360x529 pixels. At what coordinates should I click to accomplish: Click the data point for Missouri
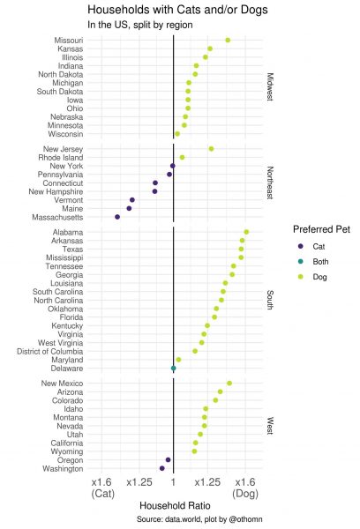coord(228,41)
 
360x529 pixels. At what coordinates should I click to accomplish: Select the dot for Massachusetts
coord(117,217)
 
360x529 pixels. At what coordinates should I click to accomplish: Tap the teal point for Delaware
coord(173,369)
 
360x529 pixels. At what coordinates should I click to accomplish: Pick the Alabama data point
coord(246,232)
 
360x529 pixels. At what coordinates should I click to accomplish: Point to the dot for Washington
coord(161,468)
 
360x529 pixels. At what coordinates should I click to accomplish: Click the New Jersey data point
coord(211,149)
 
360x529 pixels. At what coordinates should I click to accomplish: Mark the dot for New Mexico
coord(229,384)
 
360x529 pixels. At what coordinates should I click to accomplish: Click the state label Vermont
coord(69,200)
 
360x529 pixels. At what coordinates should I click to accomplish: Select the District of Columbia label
coord(50,351)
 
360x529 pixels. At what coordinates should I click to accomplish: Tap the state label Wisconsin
coord(65,134)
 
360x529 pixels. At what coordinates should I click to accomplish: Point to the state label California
coord(67,443)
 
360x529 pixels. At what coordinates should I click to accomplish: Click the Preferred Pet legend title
coord(321,229)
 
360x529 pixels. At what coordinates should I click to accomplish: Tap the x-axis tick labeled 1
coord(173,482)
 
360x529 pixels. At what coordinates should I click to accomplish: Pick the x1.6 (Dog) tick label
coord(245,488)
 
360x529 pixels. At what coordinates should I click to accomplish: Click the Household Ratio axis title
coord(175,505)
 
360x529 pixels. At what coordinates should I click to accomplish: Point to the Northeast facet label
coord(270,183)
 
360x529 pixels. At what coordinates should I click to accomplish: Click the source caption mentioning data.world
coord(199,519)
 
